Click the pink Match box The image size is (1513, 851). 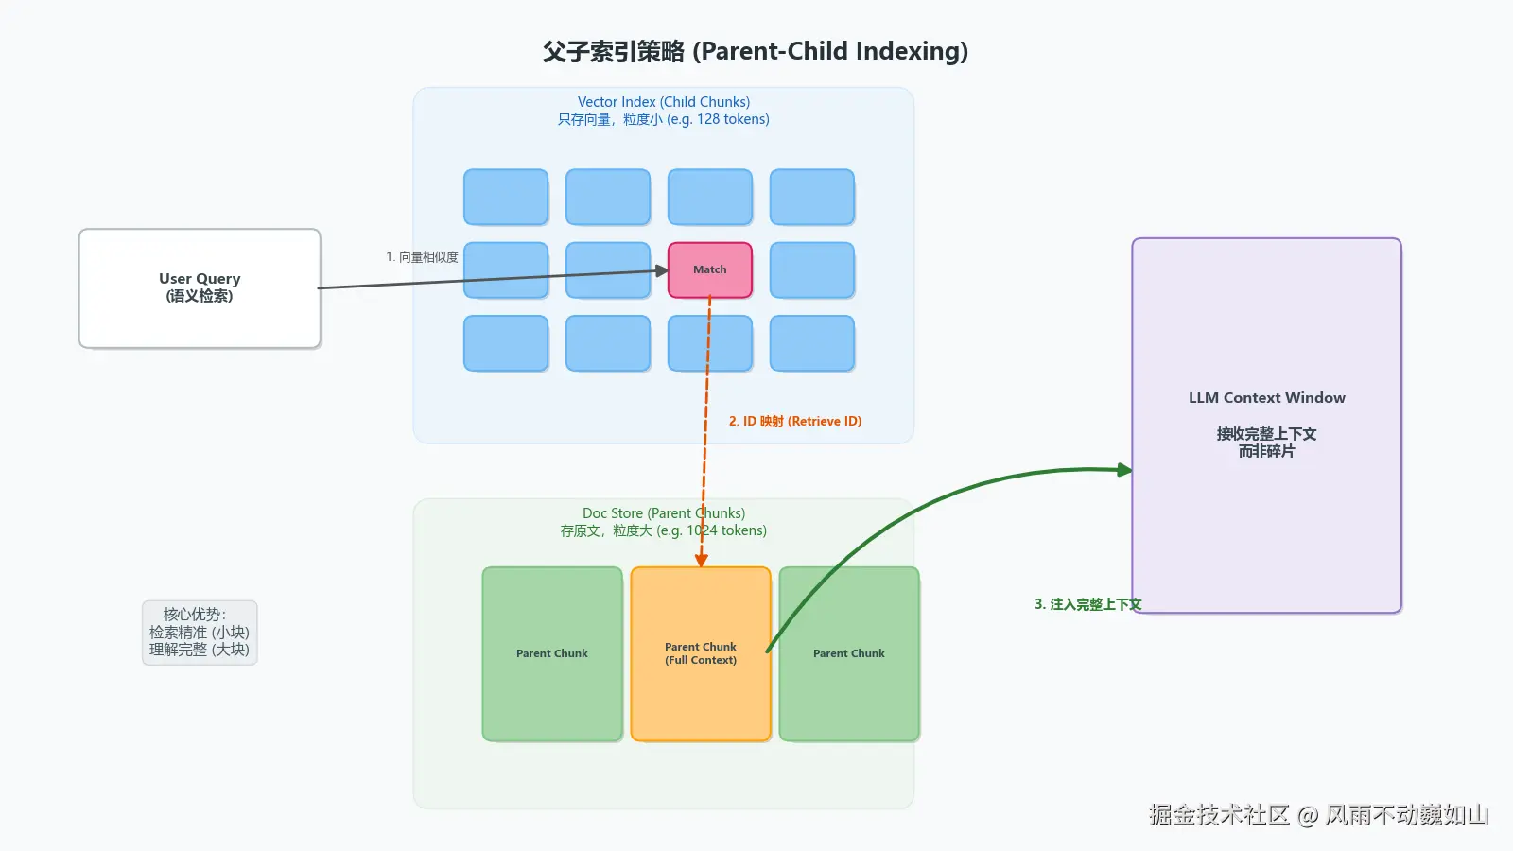(710, 270)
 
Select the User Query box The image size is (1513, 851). (200, 288)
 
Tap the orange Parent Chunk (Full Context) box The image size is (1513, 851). (701, 654)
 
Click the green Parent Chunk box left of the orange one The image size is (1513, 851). (552, 654)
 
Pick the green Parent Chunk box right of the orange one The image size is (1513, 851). (849, 654)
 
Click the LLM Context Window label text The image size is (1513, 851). (1266, 398)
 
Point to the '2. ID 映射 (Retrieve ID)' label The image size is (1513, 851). (795, 422)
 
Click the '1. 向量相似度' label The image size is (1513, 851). (422, 257)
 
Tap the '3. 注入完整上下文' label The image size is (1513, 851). (1087, 604)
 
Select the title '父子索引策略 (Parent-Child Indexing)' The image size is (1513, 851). (756, 51)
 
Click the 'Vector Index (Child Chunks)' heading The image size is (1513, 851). (664, 102)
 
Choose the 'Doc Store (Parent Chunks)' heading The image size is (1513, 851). (664, 513)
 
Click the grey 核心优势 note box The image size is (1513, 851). (200, 633)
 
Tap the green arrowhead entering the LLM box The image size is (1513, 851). (1124, 470)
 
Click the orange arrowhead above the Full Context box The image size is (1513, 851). (702, 560)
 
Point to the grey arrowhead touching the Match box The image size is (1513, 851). (662, 271)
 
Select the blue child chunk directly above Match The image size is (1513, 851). (710, 197)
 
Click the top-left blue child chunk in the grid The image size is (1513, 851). (506, 197)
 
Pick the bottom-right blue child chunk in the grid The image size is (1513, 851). (812, 343)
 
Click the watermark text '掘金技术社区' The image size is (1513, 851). (1219, 815)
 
